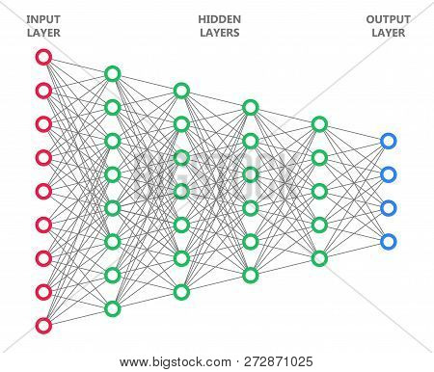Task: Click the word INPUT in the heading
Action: (43, 19)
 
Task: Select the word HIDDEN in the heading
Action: (220, 19)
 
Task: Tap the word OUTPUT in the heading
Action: (389, 19)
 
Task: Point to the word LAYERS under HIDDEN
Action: (220, 33)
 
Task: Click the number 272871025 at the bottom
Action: (279, 361)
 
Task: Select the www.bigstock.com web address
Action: (176, 362)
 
